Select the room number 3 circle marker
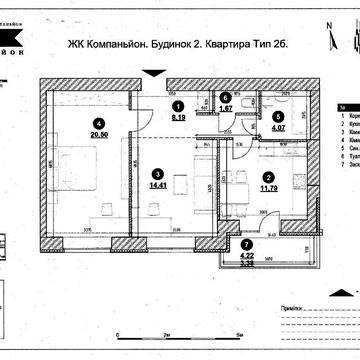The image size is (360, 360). (157, 172)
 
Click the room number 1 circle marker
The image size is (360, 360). (178, 105)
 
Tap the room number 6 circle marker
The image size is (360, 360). (226, 98)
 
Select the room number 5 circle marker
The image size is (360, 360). (278, 116)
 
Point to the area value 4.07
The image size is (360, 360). (278, 127)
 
